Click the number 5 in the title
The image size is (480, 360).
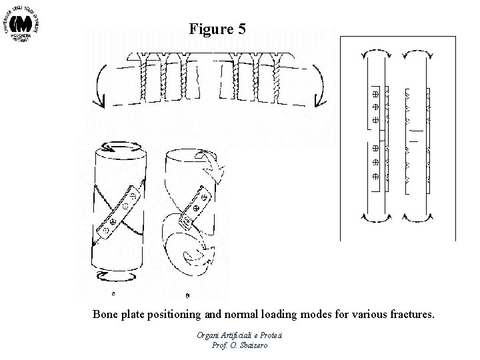coord(241,29)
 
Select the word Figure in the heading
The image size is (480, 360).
coord(210,29)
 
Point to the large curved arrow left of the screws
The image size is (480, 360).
coord(102,85)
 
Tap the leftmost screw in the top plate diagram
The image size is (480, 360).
coord(146,77)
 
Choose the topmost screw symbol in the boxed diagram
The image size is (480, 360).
coord(375,94)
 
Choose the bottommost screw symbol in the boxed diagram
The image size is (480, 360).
coord(375,177)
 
